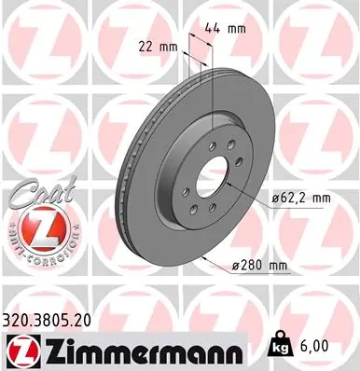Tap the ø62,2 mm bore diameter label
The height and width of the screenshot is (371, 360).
pos(291,198)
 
